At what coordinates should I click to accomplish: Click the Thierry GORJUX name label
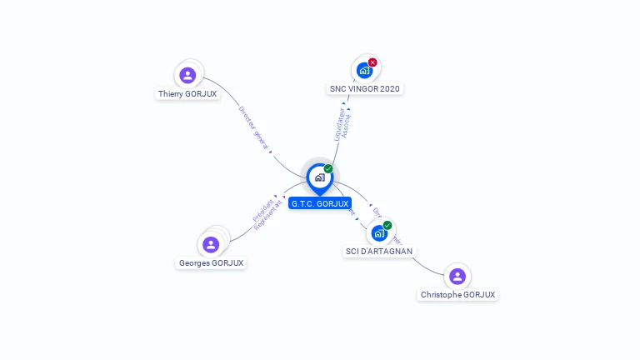point(187,94)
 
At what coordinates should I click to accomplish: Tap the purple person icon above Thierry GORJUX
point(187,75)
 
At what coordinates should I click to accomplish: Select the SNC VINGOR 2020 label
point(366,88)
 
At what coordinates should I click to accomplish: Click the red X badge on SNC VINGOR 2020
point(372,62)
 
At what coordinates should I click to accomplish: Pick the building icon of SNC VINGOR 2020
point(364,71)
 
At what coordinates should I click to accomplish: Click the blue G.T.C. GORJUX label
point(320,203)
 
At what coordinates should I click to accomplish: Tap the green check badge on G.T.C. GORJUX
point(328,169)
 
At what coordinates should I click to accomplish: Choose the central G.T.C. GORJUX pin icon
point(319,177)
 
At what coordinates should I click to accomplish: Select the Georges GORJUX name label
point(211,263)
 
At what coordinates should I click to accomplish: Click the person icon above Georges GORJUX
point(211,244)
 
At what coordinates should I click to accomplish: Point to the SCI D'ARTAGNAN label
point(379,251)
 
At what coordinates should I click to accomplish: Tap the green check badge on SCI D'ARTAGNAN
point(387,225)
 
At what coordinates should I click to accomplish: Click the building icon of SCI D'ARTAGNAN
point(379,233)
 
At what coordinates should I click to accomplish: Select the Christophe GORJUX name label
point(457,294)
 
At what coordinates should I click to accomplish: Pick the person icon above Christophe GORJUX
point(457,276)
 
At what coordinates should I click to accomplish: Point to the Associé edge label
point(347,127)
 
